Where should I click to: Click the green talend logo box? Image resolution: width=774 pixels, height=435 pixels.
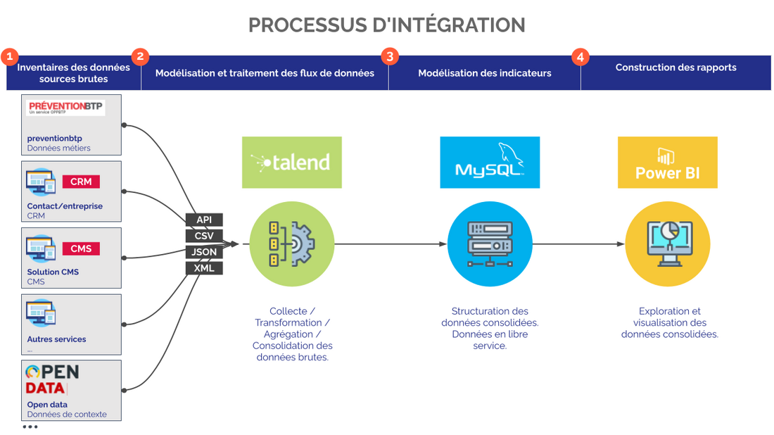pyautogui.click(x=291, y=163)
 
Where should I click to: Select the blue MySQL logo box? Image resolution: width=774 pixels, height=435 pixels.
pyautogui.click(x=490, y=163)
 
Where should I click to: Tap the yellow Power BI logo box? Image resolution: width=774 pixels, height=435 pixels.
pyautogui.click(x=667, y=163)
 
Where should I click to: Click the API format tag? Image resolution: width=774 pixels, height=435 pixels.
pyautogui.click(x=204, y=220)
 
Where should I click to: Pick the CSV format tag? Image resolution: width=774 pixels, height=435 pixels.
pyautogui.click(x=204, y=236)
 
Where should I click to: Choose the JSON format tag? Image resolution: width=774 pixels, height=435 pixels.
pyautogui.click(x=204, y=252)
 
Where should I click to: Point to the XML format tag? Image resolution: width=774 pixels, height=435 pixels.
pyautogui.click(x=204, y=268)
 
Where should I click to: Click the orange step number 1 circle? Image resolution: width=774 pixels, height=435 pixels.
pyautogui.click(x=9, y=56)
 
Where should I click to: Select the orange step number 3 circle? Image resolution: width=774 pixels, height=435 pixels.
pyautogui.click(x=389, y=56)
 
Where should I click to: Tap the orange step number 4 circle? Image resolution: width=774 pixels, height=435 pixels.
pyautogui.click(x=580, y=56)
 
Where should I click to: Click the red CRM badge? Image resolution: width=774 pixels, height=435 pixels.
pyautogui.click(x=81, y=182)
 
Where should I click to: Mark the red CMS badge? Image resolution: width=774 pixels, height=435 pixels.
pyautogui.click(x=81, y=248)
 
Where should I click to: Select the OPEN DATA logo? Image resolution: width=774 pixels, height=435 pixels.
pyautogui.click(x=52, y=379)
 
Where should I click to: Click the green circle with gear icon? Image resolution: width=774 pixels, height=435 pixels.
pyautogui.click(x=291, y=244)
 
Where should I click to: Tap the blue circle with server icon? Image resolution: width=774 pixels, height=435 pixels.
pyautogui.click(x=490, y=244)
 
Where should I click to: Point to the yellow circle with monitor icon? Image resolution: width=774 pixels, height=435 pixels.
pyautogui.click(x=667, y=244)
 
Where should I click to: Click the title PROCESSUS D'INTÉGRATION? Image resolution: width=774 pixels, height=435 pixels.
pyautogui.click(x=387, y=25)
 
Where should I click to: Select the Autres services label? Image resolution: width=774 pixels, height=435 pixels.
pyautogui.click(x=56, y=339)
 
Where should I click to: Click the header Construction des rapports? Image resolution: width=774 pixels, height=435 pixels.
pyautogui.click(x=675, y=68)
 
